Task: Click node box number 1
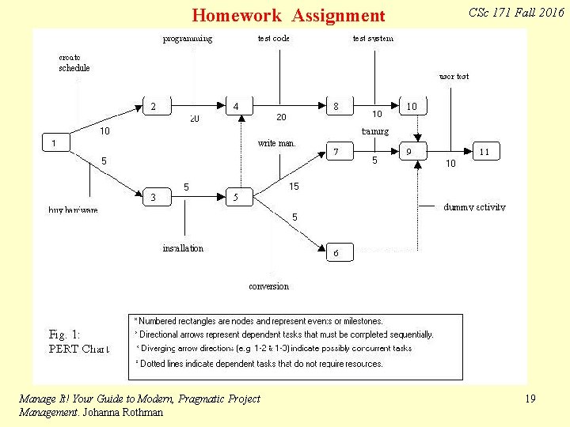pyautogui.click(x=55, y=143)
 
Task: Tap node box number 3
pyautogui.click(x=154, y=197)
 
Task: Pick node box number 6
pyautogui.click(x=336, y=252)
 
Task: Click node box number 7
pyautogui.click(x=336, y=151)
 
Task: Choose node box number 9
pyautogui.click(x=408, y=151)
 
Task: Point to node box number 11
pyautogui.click(x=484, y=150)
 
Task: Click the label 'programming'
pyautogui.click(x=188, y=38)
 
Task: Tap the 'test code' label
pyautogui.click(x=274, y=38)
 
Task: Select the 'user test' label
pyautogui.click(x=454, y=77)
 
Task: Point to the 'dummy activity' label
pyautogui.click(x=474, y=207)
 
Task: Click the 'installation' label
pyautogui.click(x=183, y=248)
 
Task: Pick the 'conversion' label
pyautogui.click(x=268, y=286)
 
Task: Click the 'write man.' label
pyautogui.click(x=277, y=143)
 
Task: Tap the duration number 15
pyautogui.click(x=294, y=187)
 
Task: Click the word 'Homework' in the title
pyautogui.click(x=237, y=16)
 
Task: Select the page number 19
pyautogui.click(x=530, y=399)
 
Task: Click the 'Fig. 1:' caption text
pyautogui.click(x=64, y=334)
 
